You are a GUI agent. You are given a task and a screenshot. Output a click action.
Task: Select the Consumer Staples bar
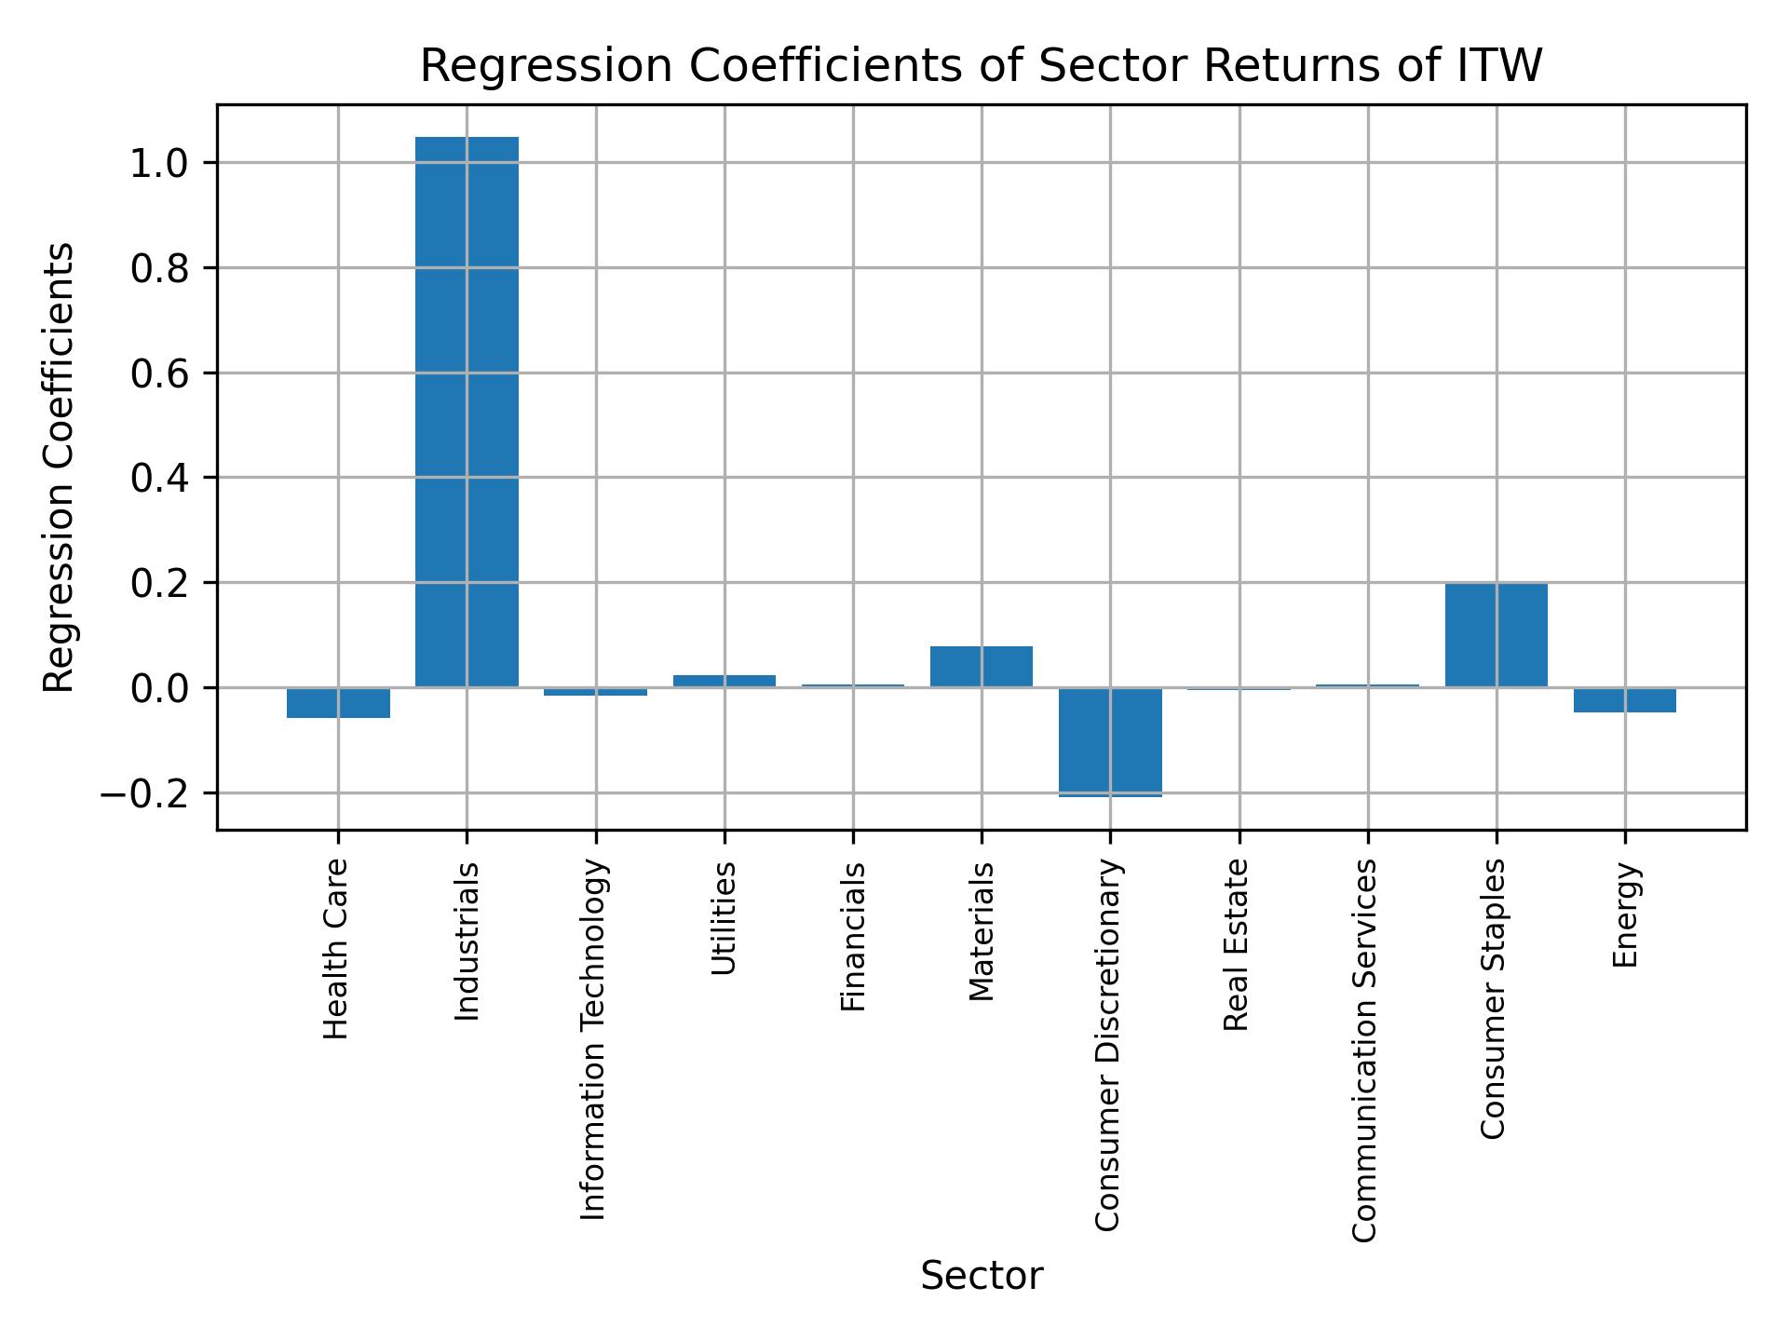(x=1496, y=635)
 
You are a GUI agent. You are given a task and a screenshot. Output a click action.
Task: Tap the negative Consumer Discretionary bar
(x=1110, y=741)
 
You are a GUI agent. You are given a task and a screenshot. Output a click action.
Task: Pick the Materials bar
(x=982, y=667)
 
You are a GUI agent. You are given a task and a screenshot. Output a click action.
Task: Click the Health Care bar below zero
(x=338, y=703)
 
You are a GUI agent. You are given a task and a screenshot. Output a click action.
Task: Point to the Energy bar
(x=1624, y=700)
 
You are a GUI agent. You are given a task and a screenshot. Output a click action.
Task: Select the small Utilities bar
(x=725, y=681)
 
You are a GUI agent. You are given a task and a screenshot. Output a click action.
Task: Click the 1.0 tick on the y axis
(x=159, y=164)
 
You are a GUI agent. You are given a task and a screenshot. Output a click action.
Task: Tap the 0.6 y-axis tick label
(x=159, y=374)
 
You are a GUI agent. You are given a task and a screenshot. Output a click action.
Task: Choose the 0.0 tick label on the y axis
(x=159, y=689)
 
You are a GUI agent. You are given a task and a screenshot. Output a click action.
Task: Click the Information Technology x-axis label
(x=594, y=1039)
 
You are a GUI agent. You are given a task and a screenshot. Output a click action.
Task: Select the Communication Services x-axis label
(x=1364, y=1050)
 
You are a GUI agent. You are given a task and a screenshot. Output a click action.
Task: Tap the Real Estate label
(x=1236, y=944)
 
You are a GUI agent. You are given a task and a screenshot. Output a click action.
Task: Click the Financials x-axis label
(x=853, y=936)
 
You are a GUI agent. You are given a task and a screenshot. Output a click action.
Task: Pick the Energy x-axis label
(x=1624, y=914)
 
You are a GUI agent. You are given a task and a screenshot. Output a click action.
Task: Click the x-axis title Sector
(x=982, y=1276)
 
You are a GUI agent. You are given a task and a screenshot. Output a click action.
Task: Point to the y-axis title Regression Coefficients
(x=60, y=467)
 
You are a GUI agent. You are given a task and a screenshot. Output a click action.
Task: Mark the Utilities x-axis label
(x=725, y=917)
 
